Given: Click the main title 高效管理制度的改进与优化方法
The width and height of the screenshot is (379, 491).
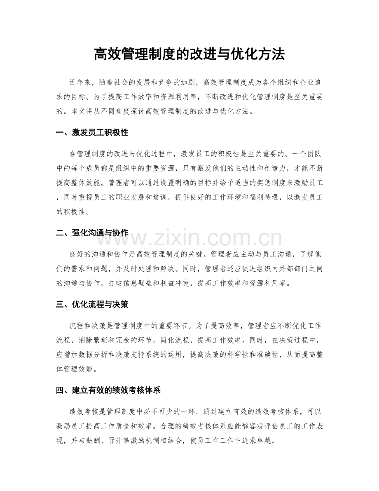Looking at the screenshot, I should click(189, 54).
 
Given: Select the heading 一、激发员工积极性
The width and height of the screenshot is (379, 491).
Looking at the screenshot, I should click(92, 133).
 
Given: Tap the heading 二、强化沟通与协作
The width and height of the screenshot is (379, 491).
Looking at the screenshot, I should click(92, 233).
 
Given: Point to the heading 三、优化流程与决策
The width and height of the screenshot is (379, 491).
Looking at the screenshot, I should click(92, 305).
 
